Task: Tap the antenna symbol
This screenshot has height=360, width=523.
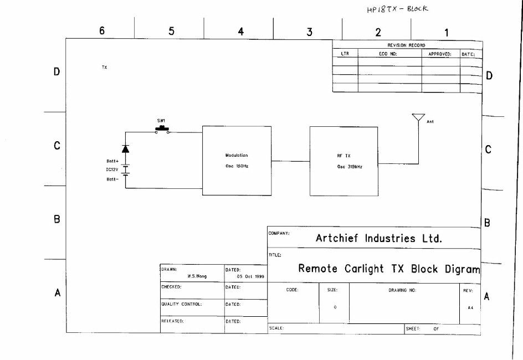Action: click(419, 117)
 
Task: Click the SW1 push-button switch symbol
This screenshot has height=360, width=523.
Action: click(162, 130)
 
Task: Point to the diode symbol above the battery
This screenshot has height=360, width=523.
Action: click(125, 148)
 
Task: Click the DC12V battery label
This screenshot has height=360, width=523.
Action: click(112, 169)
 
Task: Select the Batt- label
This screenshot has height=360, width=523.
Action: click(112, 179)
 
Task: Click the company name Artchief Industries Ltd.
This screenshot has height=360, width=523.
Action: click(379, 238)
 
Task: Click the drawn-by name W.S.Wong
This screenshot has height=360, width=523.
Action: click(197, 276)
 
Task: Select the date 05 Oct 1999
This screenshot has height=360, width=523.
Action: click(250, 277)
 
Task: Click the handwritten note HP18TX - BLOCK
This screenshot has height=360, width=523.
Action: click(397, 9)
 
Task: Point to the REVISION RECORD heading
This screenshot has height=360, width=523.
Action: click(406, 45)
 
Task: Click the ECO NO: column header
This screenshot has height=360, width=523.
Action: click(388, 54)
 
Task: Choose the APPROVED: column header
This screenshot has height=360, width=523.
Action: click(439, 54)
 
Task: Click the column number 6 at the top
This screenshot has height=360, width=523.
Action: click(102, 30)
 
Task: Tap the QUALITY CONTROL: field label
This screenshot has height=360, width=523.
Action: click(182, 304)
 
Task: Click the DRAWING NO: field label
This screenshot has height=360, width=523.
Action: click(402, 290)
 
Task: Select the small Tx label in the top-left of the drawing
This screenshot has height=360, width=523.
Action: click(104, 68)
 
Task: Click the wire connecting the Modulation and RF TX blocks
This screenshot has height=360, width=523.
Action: click(290, 161)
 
